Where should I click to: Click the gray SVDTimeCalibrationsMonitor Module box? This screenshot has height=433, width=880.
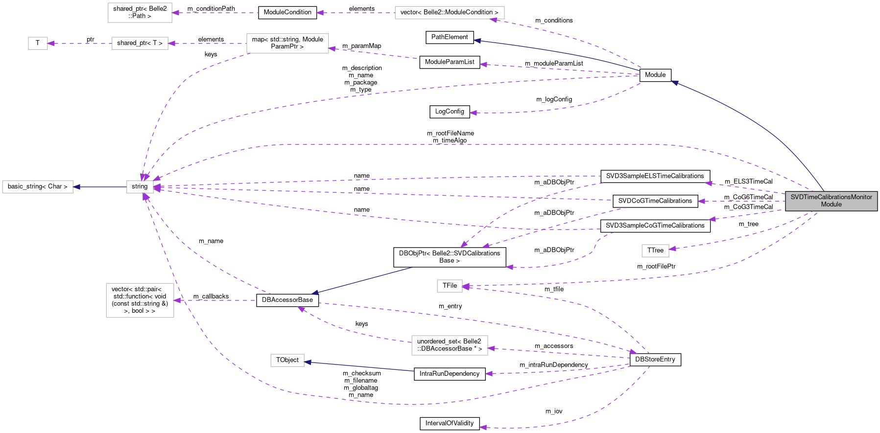pyautogui.click(x=831, y=201)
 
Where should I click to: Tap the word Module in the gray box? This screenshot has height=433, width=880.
pyautogui.click(x=831, y=205)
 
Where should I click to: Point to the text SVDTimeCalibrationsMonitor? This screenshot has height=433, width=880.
pyautogui.click(x=831, y=197)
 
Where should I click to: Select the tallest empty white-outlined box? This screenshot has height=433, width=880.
pyautogui.click(x=140, y=300)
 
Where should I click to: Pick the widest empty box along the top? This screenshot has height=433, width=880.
pyautogui.click(x=449, y=13)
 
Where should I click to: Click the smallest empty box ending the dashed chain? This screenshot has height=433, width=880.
pyautogui.click(x=38, y=44)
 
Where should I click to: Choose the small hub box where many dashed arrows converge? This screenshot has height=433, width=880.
pyautogui.click(x=140, y=187)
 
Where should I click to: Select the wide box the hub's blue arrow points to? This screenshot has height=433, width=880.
pyautogui.click(x=38, y=187)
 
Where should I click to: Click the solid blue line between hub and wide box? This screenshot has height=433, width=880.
pyautogui.click(x=100, y=187)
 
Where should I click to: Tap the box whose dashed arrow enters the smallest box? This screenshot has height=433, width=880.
pyautogui.click(x=140, y=44)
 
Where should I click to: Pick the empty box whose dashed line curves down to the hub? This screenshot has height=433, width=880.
pyautogui.click(x=287, y=44)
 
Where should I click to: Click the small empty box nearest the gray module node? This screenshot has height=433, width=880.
pyautogui.click(x=655, y=251)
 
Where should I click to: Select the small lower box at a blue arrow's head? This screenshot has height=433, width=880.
pyautogui.click(x=287, y=361)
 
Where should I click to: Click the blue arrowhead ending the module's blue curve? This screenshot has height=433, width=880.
pyautogui.click(x=674, y=83)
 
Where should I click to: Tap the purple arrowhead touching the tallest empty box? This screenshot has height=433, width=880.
pyautogui.click(x=177, y=300)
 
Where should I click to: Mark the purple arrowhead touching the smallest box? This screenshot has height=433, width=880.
pyautogui.click(x=51, y=44)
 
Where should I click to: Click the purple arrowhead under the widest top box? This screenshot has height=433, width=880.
pyautogui.click(x=494, y=20)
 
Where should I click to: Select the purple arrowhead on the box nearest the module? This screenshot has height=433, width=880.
pyautogui.click(x=673, y=249)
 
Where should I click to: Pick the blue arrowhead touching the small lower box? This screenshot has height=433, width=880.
pyautogui.click(x=308, y=362)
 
